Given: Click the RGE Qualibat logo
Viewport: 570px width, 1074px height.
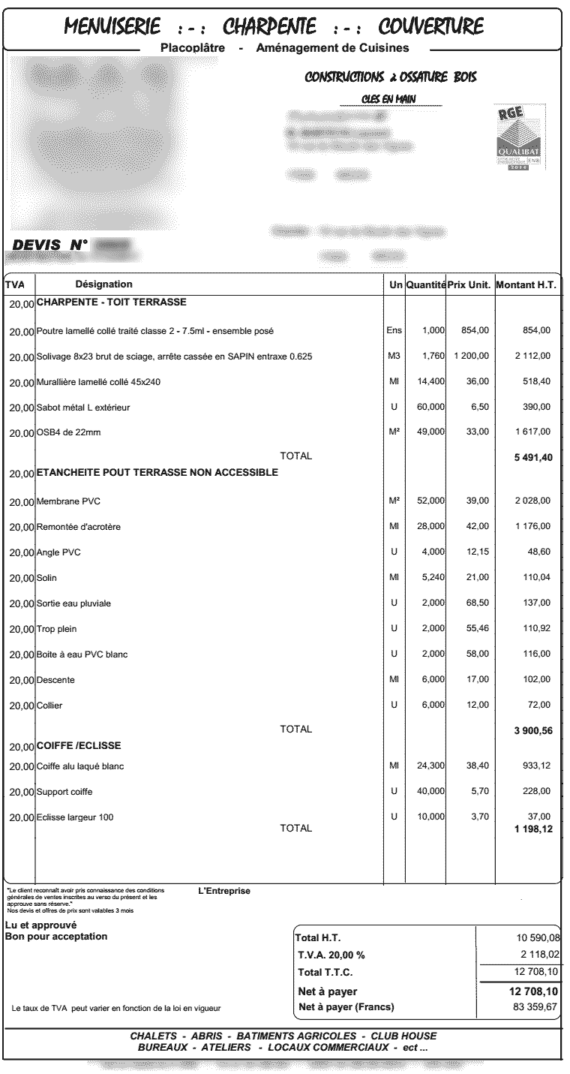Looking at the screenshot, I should (x=518, y=137).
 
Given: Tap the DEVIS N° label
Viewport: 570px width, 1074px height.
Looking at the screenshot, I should (x=51, y=245).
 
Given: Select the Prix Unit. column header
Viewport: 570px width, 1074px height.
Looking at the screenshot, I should (x=469, y=285).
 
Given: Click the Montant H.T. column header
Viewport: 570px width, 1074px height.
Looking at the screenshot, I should (x=525, y=285).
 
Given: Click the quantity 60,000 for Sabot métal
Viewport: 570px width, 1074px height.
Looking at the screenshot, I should (x=431, y=407).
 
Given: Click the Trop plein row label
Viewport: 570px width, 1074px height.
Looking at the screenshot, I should (x=57, y=629).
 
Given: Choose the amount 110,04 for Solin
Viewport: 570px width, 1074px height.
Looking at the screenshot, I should (x=536, y=578).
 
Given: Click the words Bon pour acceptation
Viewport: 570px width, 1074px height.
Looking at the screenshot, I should (x=56, y=937).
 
